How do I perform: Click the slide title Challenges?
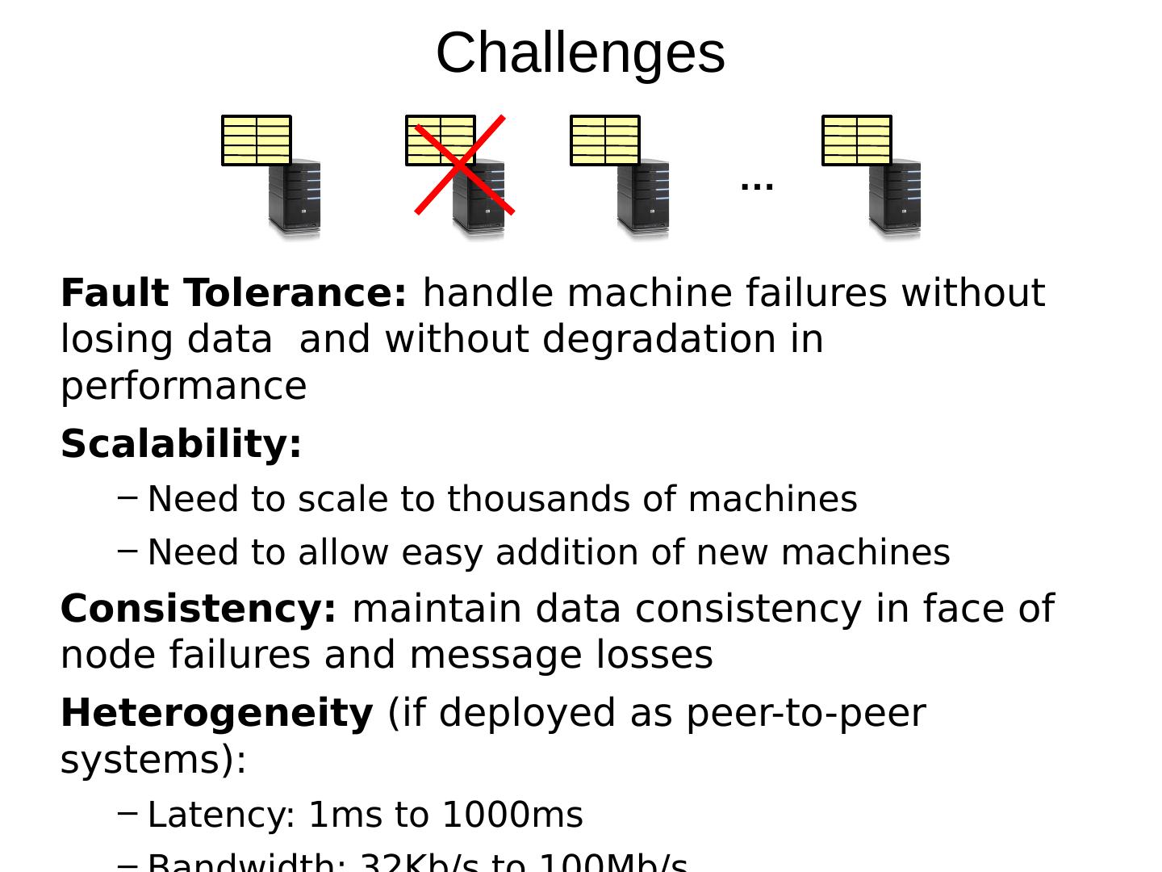click(580, 53)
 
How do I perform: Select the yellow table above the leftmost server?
click(257, 140)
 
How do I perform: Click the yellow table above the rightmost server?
click(857, 140)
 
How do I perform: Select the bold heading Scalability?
click(181, 444)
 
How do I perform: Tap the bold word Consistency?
click(199, 609)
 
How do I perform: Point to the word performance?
click(184, 386)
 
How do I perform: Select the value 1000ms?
click(512, 815)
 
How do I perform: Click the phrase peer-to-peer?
click(805, 714)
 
